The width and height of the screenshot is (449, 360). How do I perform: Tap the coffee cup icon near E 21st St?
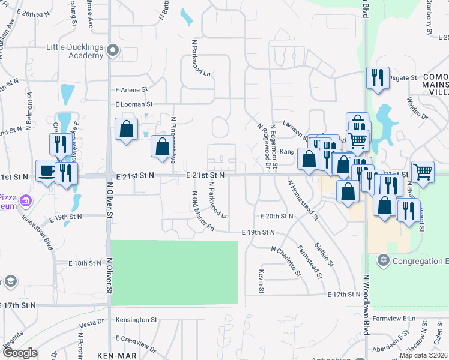tap(46, 170)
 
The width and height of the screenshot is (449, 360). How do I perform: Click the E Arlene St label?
tap(131, 90)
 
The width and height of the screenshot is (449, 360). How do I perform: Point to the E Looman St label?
tap(135, 104)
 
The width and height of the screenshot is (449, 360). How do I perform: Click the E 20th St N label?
tap(276, 216)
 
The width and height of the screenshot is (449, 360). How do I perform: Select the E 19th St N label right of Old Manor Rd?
tap(258, 232)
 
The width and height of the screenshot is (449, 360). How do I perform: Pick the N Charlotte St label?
tap(286, 261)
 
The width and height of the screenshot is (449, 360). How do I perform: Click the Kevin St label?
tap(262, 281)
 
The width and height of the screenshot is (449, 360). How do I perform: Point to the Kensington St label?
tap(136, 320)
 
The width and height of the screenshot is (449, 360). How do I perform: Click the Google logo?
tap(20, 353)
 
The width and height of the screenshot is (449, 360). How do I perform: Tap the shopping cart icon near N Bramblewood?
tap(423, 171)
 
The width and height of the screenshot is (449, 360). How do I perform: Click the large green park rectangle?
tap(174, 272)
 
